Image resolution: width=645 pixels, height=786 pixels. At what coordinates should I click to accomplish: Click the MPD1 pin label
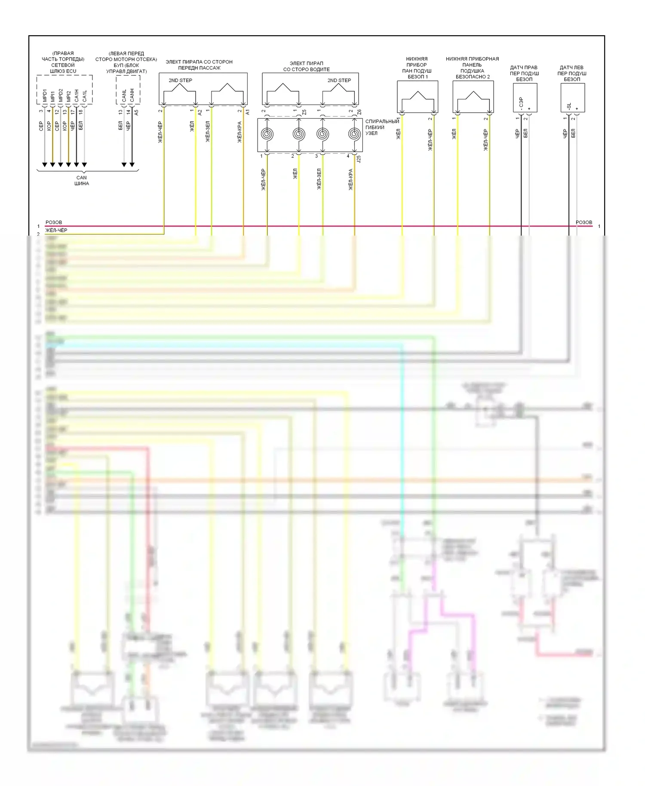point(44,96)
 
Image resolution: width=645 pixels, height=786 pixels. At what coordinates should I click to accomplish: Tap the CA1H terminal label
point(76,96)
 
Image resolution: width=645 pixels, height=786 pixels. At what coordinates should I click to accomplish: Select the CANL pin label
point(124,96)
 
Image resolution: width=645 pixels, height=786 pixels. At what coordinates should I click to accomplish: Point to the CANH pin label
point(132,95)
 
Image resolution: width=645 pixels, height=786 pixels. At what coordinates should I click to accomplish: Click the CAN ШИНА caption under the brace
point(81,181)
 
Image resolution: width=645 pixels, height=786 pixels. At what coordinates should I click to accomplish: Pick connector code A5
point(136,113)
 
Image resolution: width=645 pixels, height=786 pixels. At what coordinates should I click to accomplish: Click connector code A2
point(200,112)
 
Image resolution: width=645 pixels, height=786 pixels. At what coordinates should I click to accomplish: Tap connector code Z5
point(304,112)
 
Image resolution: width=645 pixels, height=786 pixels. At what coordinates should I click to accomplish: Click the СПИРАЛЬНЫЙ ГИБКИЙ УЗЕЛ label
point(382,127)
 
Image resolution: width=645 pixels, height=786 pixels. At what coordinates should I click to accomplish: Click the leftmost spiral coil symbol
point(267,134)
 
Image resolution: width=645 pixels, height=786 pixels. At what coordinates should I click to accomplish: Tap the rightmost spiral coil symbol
point(354,134)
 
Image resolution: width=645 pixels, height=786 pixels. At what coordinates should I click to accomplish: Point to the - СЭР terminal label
point(521,104)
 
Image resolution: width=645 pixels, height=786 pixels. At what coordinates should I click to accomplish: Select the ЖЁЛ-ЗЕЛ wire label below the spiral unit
point(319,179)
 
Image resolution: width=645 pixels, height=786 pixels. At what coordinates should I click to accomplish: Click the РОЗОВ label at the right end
point(584,222)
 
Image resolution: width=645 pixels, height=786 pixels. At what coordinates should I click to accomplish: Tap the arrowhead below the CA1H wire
point(76,165)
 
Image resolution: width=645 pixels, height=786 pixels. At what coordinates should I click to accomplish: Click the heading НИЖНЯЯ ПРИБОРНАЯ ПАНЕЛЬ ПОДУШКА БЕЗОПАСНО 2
point(472,68)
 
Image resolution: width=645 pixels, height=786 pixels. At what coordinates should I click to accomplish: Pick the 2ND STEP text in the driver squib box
point(339,80)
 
